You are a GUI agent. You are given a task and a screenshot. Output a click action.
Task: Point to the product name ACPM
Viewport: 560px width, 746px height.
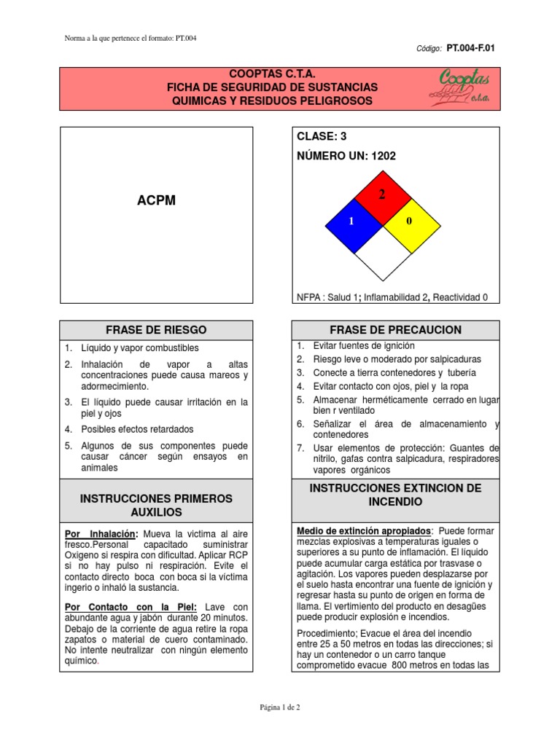[157, 200]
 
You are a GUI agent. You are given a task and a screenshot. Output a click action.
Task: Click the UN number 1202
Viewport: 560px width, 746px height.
[384, 155]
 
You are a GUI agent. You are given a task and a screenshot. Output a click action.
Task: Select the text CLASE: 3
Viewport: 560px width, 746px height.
[322, 136]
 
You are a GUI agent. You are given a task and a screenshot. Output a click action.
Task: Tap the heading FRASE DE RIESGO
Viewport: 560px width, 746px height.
[157, 329]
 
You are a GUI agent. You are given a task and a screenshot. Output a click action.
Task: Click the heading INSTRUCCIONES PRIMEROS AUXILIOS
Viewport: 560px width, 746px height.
[157, 505]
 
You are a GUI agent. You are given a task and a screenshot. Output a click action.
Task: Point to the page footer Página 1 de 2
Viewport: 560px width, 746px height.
[280, 707]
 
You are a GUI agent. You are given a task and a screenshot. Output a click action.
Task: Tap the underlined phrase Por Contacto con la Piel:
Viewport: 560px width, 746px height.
[131, 607]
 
